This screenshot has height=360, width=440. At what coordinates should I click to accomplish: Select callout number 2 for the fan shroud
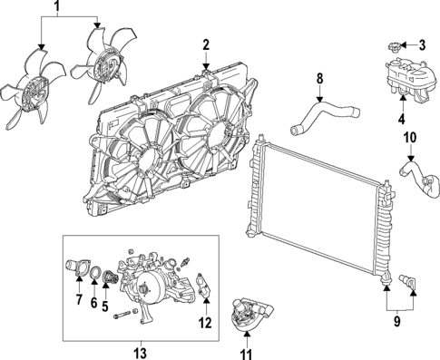206,44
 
